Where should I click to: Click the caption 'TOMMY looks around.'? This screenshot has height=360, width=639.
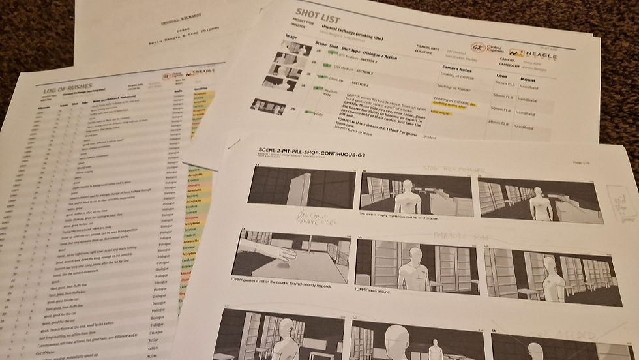(378, 295)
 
